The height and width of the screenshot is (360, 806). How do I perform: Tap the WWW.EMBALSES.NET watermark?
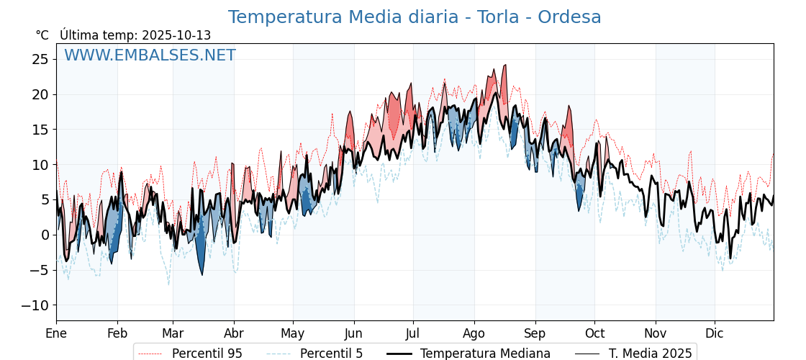tap(150, 55)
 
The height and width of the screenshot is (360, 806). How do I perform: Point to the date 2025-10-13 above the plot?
tap(176, 35)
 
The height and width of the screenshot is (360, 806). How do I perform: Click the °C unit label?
tap(42, 35)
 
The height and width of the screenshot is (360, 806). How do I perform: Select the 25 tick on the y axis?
tap(40, 59)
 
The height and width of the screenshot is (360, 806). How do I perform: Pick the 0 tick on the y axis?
tap(45, 235)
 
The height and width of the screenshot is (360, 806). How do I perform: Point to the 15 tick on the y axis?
tap(40, 130)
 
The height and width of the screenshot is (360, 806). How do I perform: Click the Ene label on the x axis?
tap(56, 333)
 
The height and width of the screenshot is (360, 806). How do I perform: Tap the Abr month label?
tap(234, 333)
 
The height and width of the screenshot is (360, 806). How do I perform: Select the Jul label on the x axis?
tap(413, 333)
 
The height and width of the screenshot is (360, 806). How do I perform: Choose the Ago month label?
tap(474, 333)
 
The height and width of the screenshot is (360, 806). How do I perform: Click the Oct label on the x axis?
tap(594, 333)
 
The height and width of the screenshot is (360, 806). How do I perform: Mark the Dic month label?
tap(715, 333)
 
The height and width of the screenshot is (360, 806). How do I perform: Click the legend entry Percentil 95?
tap(207, 354)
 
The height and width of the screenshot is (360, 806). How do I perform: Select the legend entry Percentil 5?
tap(331, 354)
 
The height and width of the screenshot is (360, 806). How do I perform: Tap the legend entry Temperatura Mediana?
tap(485, 354)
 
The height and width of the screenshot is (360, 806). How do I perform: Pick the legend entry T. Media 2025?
tap(650, 354)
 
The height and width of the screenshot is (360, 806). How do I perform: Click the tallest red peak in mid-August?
tap(504, 67)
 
